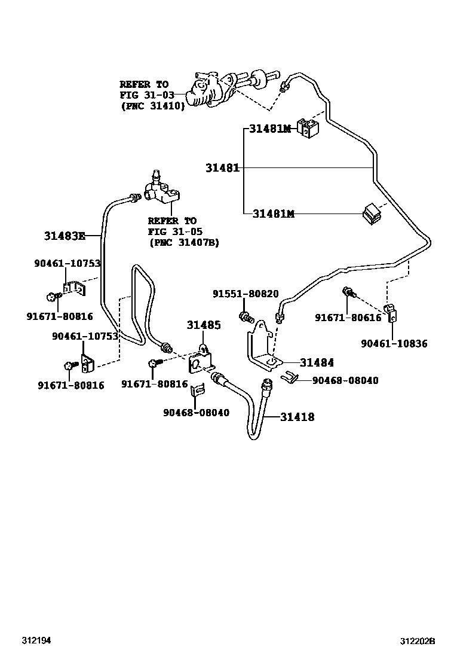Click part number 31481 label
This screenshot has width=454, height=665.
(223, 168)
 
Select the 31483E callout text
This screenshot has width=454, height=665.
(65, 236)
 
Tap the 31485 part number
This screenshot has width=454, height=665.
(204, 325)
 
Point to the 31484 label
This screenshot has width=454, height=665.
(317, 362)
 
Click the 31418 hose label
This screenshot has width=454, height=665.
(297, 417)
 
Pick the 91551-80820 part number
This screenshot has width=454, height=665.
(246, 294)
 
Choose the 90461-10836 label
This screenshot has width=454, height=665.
(394, 343)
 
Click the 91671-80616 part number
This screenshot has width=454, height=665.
(348, 317)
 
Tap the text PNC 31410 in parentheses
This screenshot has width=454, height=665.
(154, 106)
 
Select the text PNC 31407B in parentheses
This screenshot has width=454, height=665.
(184, 243)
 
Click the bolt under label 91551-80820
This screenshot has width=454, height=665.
(246, 316)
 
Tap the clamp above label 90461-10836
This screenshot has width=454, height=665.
(391, 313)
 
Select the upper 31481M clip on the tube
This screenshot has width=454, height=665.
(308, 127)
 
